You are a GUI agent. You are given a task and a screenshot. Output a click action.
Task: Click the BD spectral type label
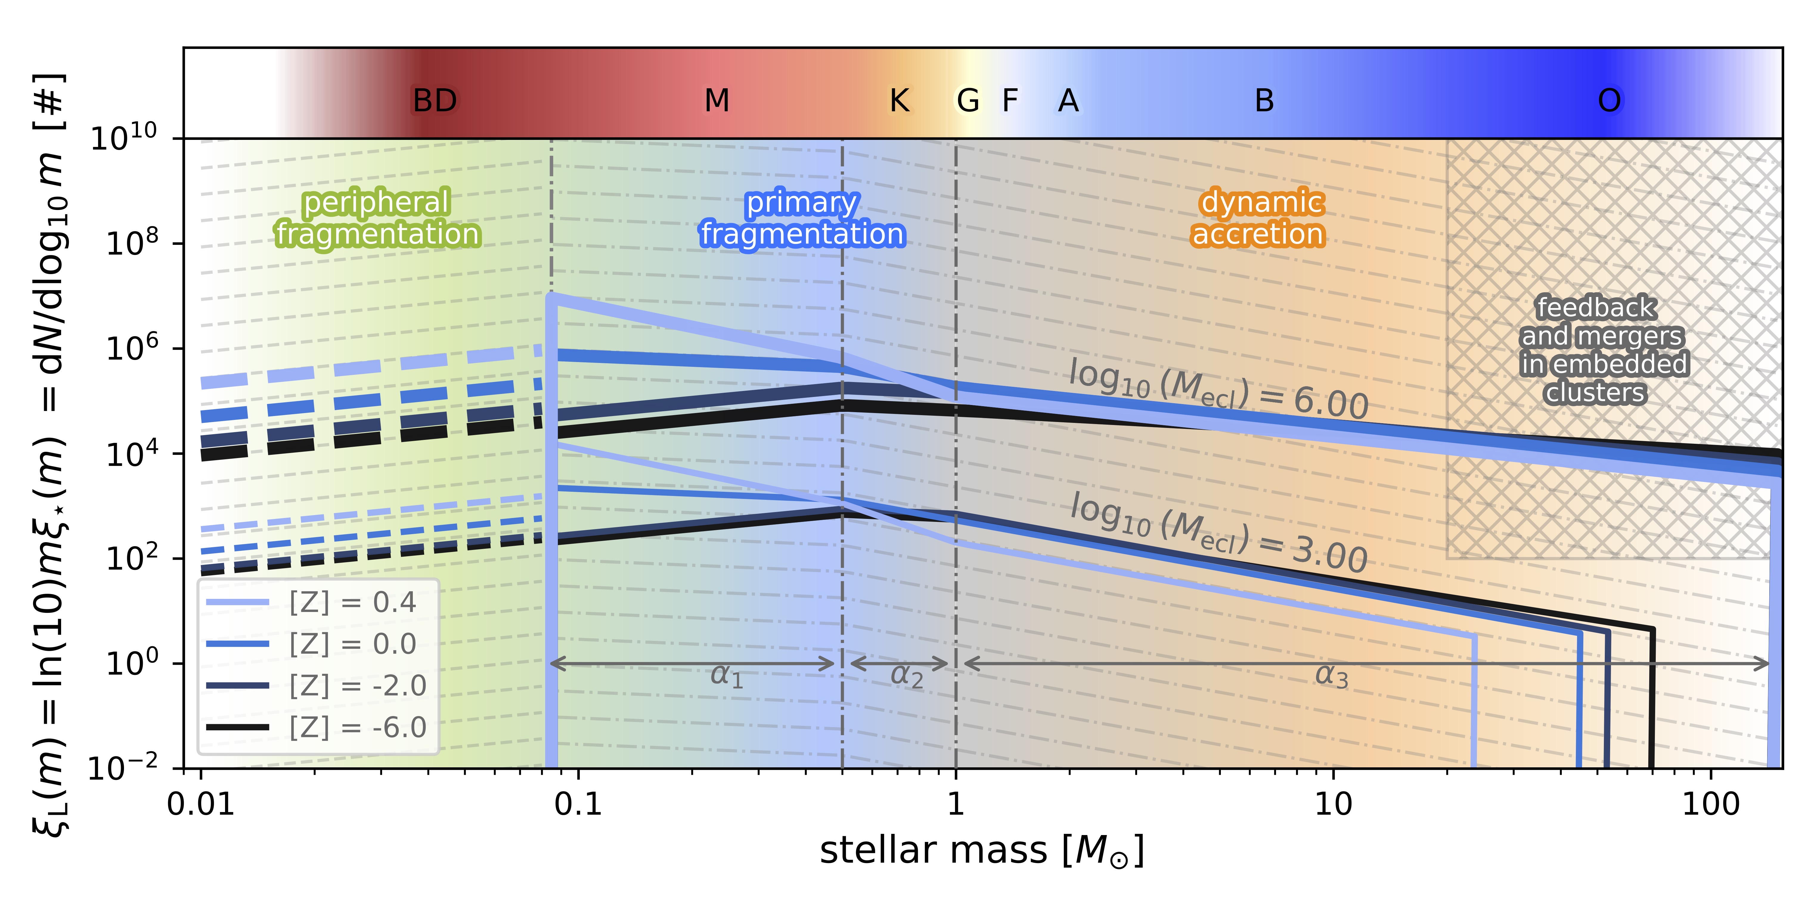click(435, 101)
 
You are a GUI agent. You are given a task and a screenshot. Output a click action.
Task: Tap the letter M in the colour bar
click(717, 101)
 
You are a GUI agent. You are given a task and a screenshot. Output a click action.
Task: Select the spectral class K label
click(899, 101)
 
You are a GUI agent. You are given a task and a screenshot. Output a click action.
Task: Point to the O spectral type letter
click(1609, 101)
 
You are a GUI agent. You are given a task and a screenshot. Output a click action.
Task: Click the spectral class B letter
click(1264, 101)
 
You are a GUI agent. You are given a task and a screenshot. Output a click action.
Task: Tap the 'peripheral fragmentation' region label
click(377, 218)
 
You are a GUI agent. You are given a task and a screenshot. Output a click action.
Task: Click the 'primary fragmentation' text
click(802, 218)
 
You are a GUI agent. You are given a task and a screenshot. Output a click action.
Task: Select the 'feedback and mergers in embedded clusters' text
click(1602, 350)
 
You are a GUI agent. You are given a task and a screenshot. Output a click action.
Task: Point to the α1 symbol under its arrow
click(726, 676)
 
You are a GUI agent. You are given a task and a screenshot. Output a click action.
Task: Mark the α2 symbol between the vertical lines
click(906, 676)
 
